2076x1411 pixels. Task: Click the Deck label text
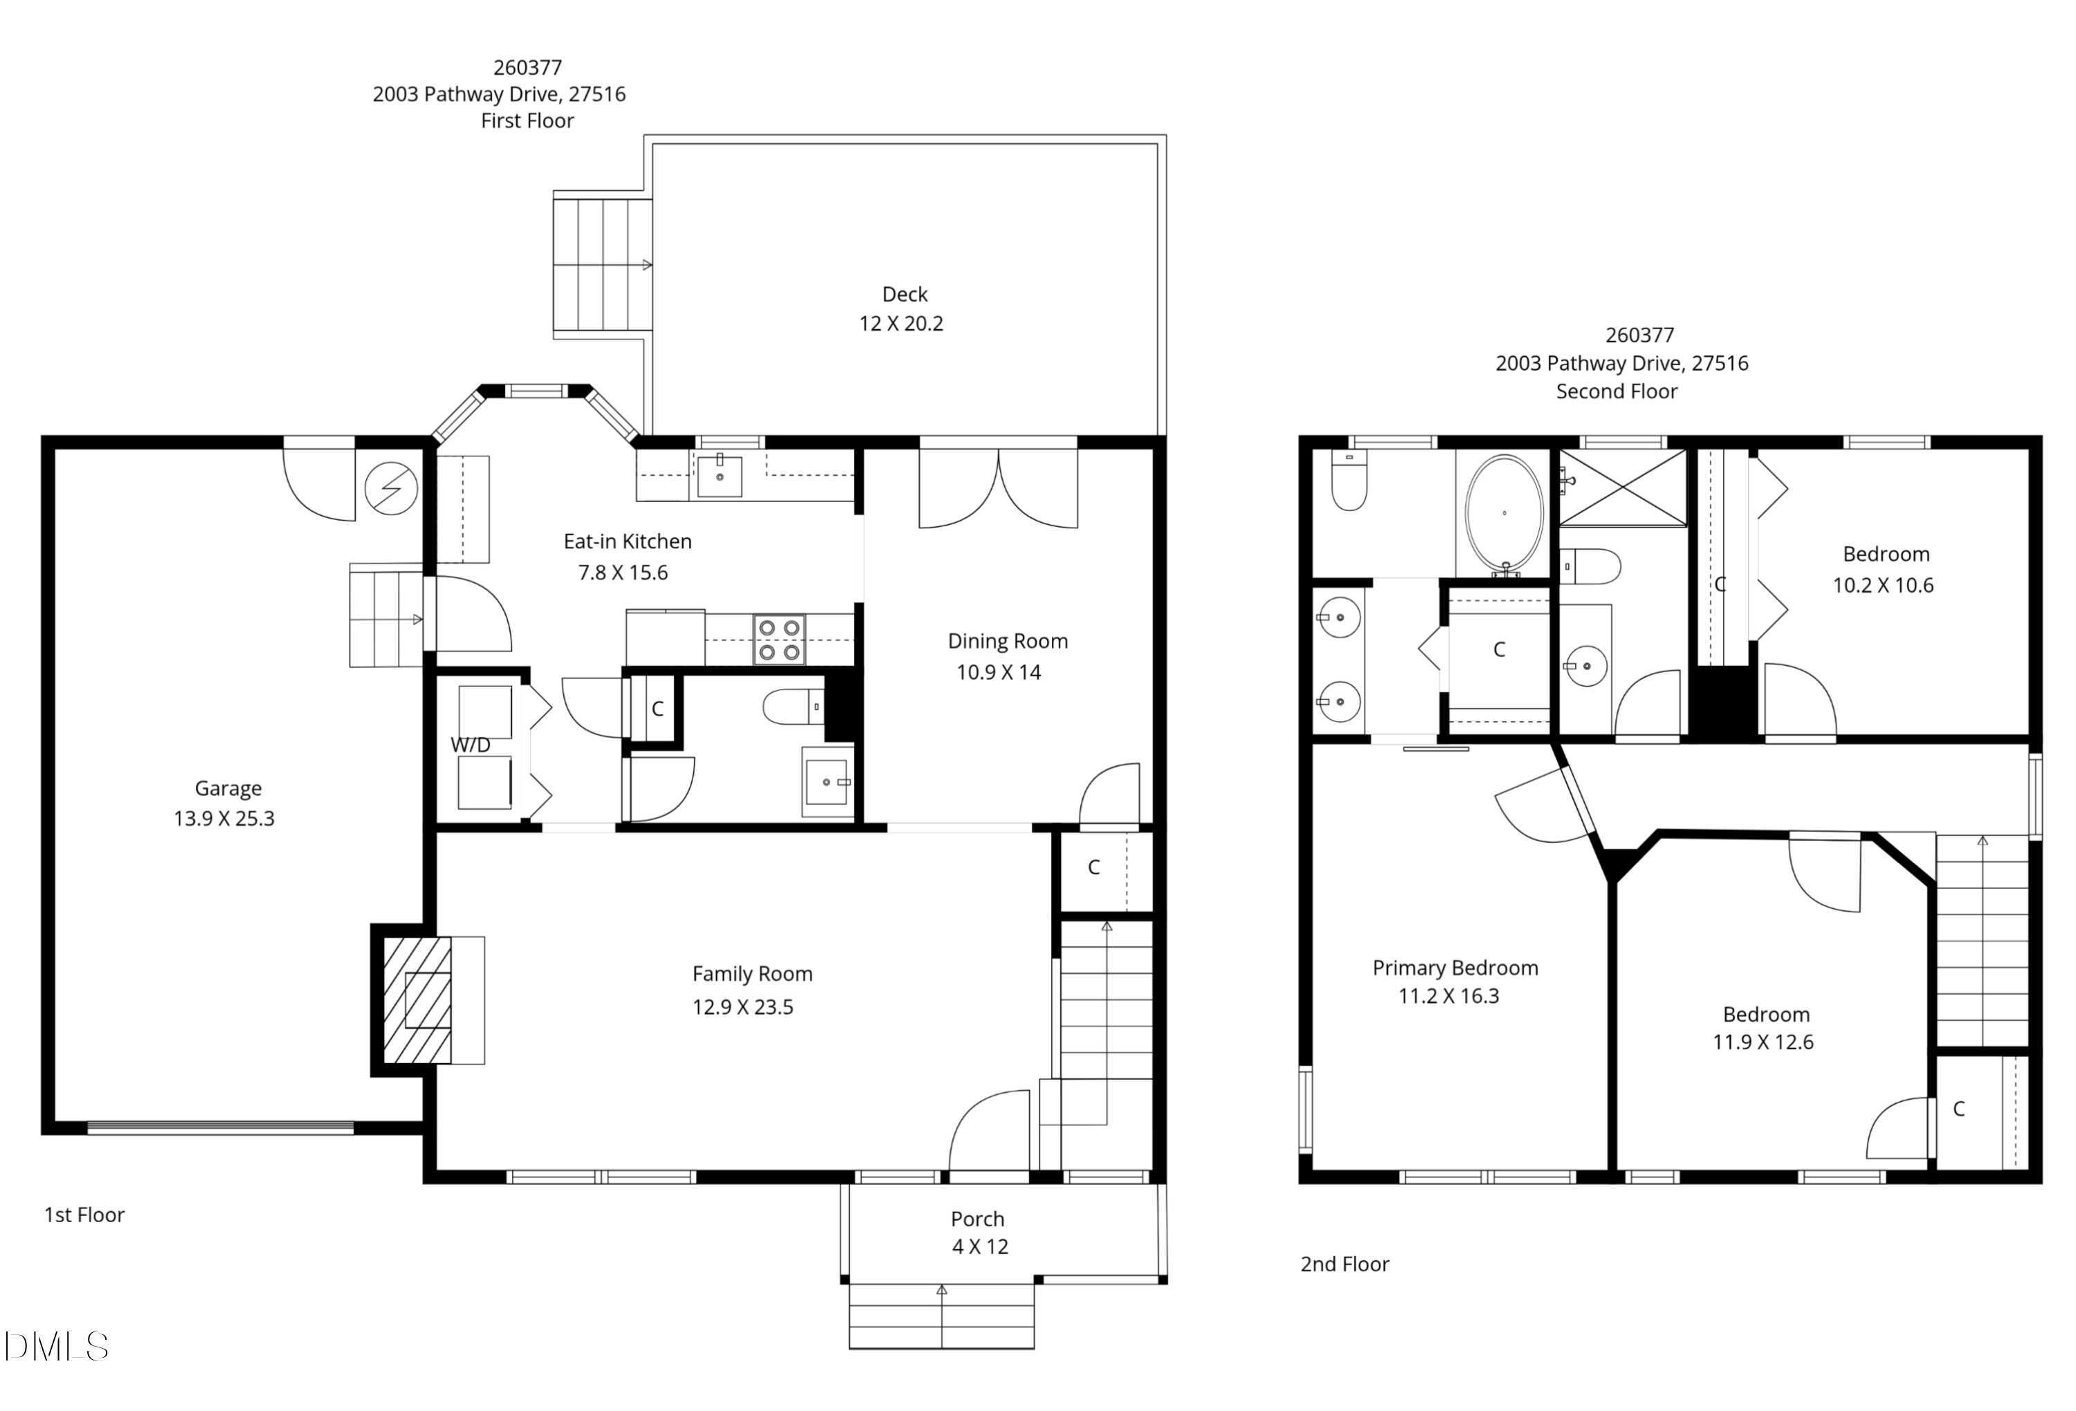click(905, 294)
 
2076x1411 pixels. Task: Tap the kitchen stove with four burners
click(779, 639)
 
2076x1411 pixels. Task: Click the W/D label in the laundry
click(470, 745)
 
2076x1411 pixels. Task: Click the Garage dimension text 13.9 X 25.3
click(224, 818)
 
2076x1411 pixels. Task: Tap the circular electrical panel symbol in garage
click(391, 488)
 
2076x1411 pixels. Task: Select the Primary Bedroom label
click(1455, 968)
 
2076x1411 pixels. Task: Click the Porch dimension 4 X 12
click(980, 1246)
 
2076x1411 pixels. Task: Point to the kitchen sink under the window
click(719, 475)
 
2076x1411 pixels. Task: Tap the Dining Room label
click(1008, 641)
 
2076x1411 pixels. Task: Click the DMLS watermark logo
click(56, 1347)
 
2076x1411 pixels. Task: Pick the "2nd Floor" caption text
click(1345, 1264)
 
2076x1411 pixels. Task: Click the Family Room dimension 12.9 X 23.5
click(743, 1007)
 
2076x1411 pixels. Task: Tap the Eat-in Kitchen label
click(627, 541)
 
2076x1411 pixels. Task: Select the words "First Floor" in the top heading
click(527, 120)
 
